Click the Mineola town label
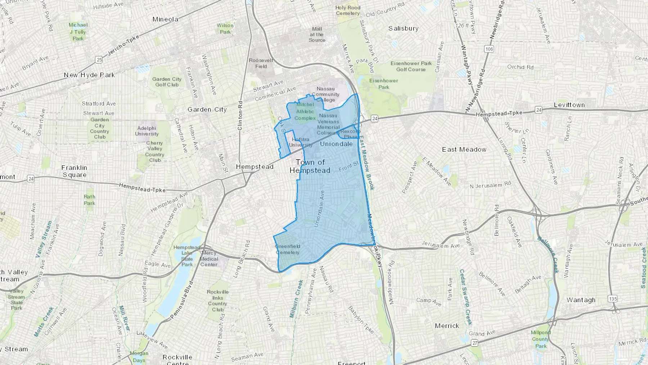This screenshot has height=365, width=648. [x=165, y=19]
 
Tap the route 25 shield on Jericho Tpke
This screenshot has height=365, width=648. [x=99, y=60]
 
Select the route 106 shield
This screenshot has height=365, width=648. [x=489, y=49]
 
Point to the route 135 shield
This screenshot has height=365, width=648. [x=613, y=299]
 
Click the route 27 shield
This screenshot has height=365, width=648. [x=475, y=343]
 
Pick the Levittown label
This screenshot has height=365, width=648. [x=569, y=105]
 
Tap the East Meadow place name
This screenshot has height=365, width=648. [x=464, y=149]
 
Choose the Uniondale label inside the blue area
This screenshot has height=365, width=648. [x=336, y=144]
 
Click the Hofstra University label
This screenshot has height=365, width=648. [x=301, y=142]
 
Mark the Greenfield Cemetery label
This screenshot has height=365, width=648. [x=288, y=249]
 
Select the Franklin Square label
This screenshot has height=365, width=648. [x=74, y=171]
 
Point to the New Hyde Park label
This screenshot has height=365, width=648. [x=89, y=75]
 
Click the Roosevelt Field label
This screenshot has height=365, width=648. [x=261, y=63]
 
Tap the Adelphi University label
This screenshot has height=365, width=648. [x=147, y=131]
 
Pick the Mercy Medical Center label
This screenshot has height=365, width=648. [x=209, y=259]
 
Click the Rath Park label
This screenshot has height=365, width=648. [x=90, y=200]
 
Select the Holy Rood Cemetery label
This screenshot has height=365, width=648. [x=348, y=10]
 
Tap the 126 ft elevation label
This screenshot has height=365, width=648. [x=462, y=26]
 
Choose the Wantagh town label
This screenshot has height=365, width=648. [x=581, y=300]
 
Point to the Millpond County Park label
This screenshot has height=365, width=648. [x=541, y=339]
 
